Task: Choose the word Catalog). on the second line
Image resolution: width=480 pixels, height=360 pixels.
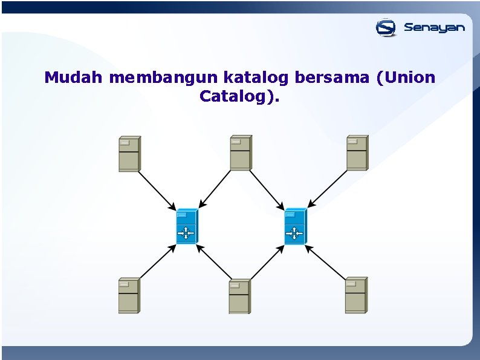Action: click(x=239, y=97)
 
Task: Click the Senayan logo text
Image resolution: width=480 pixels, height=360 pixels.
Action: click(x=434, y=28)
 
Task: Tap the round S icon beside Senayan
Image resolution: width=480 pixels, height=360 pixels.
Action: click(x=386, y=28)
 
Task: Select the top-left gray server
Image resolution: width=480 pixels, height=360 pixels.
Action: click(x=129, y=154)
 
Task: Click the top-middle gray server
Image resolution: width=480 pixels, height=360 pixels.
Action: click(x=241, y=153)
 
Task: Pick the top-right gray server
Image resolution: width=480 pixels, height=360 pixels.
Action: click(x=357, y=152)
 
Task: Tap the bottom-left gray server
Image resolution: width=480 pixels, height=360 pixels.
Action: click(x=129, y=295)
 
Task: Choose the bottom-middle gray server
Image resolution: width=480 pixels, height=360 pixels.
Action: click(x=239, y=296)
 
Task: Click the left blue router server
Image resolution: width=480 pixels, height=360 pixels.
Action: click(x=187, y=226)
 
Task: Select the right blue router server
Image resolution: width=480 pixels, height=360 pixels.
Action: click(x=295, y=226)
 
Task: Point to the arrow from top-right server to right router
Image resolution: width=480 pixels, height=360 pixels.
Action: click(x=328, y=189)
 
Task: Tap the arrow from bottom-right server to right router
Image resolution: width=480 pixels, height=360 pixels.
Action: click(x=328, y=262)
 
